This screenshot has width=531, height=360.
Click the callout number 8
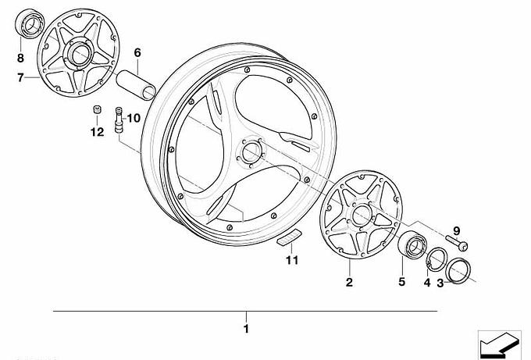click(20, 58)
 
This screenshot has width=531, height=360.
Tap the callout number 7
click(20, 77)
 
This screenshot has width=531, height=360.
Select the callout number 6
click(137, 53)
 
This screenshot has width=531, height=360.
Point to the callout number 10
click(134, 118)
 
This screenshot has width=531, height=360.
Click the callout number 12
click(97, 132)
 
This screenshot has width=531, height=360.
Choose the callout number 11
click(292, 260)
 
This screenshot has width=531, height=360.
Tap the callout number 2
click(349, 282)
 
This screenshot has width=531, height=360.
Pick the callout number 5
click(401, 281)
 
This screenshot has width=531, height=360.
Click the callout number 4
click(427, 282)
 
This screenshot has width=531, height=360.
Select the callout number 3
click(440, 283)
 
